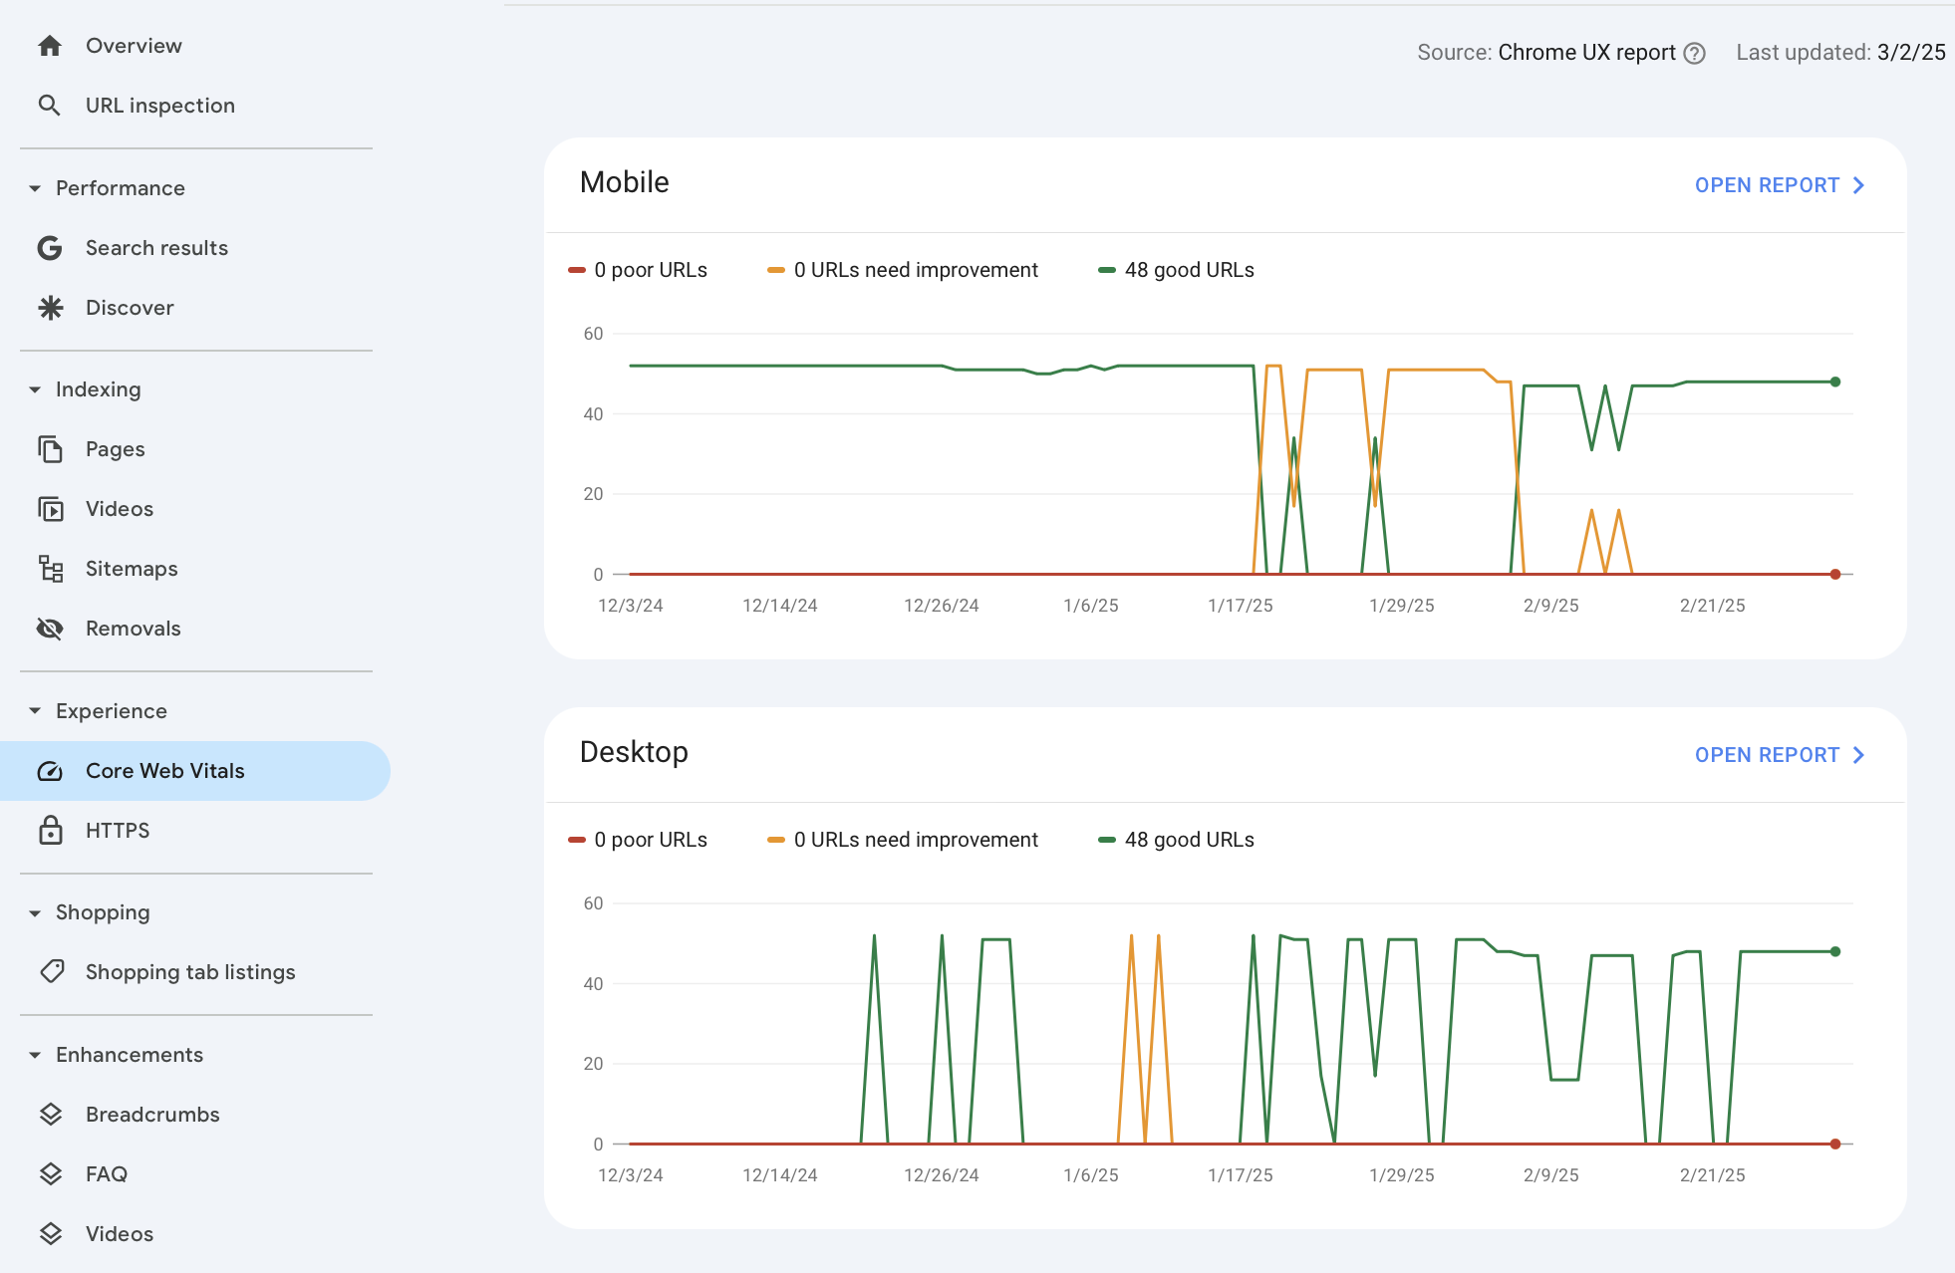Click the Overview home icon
point(50,46)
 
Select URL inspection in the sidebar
point(159,106)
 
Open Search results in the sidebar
point(156,248)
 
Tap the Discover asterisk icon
point(50,308)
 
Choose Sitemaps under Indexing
point(132,569)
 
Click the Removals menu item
point(133,629)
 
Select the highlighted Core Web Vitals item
point(164,771)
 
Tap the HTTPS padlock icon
point(50,831)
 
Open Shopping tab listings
point(189,972)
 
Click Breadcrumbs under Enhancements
point(152,1115)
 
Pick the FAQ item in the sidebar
point(106,1174)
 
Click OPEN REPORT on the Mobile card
point(1779,185)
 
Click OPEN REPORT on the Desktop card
point(1779,755)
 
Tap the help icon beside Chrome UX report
point(1694,54)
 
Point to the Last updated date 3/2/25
point(1910,53)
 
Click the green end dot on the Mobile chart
point(1834,382)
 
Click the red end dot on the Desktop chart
point(1834,1144)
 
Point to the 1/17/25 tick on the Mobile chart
point(1240,606)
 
